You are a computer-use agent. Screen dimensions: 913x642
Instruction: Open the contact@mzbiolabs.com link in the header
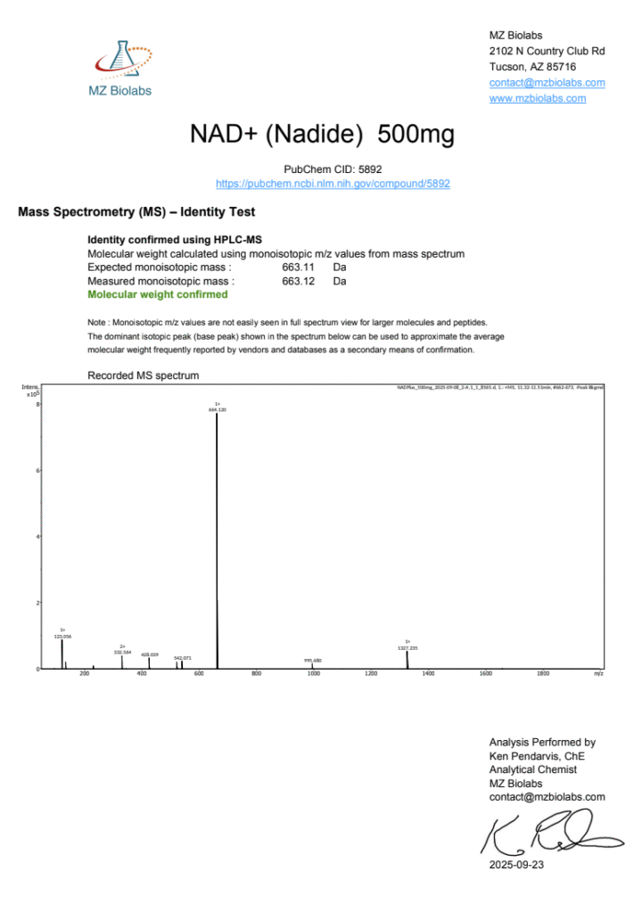(x=547, y=83)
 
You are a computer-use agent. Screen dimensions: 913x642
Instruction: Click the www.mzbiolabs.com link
(x=538, y=98)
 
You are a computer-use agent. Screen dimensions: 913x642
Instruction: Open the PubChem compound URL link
(x=333, y=184)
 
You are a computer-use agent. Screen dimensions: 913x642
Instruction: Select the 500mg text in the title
(x=416, y=135)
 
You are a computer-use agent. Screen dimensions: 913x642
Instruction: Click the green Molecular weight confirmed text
(x=157, y=294)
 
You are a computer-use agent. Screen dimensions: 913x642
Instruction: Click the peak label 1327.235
(x=407, y=647)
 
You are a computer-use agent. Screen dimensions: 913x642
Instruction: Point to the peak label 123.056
(x=62, y=637)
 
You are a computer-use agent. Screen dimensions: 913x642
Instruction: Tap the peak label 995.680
(x=312, y=660)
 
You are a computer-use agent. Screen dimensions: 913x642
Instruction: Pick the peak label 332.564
(x=122, y=652)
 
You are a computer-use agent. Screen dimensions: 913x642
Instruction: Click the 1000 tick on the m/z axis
(x=313, y=674)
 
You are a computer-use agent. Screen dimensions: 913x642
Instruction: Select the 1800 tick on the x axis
(x=543, y=674)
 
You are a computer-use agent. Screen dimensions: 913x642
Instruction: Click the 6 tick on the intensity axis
(x=37, y=470)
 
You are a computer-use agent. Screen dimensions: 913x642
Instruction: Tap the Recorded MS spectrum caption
(x=143, y=375)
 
